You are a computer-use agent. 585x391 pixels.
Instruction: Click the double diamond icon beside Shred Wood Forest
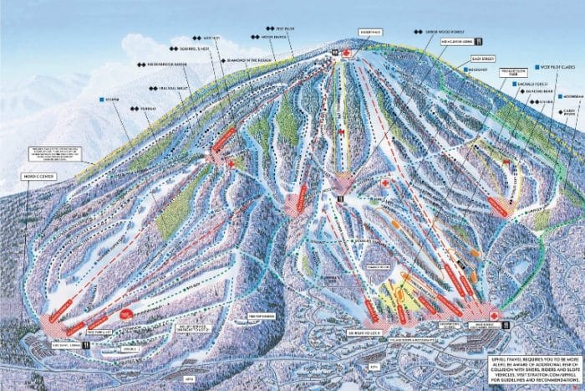pos(418,31)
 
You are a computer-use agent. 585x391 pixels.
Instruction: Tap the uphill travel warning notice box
pos(532,366)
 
